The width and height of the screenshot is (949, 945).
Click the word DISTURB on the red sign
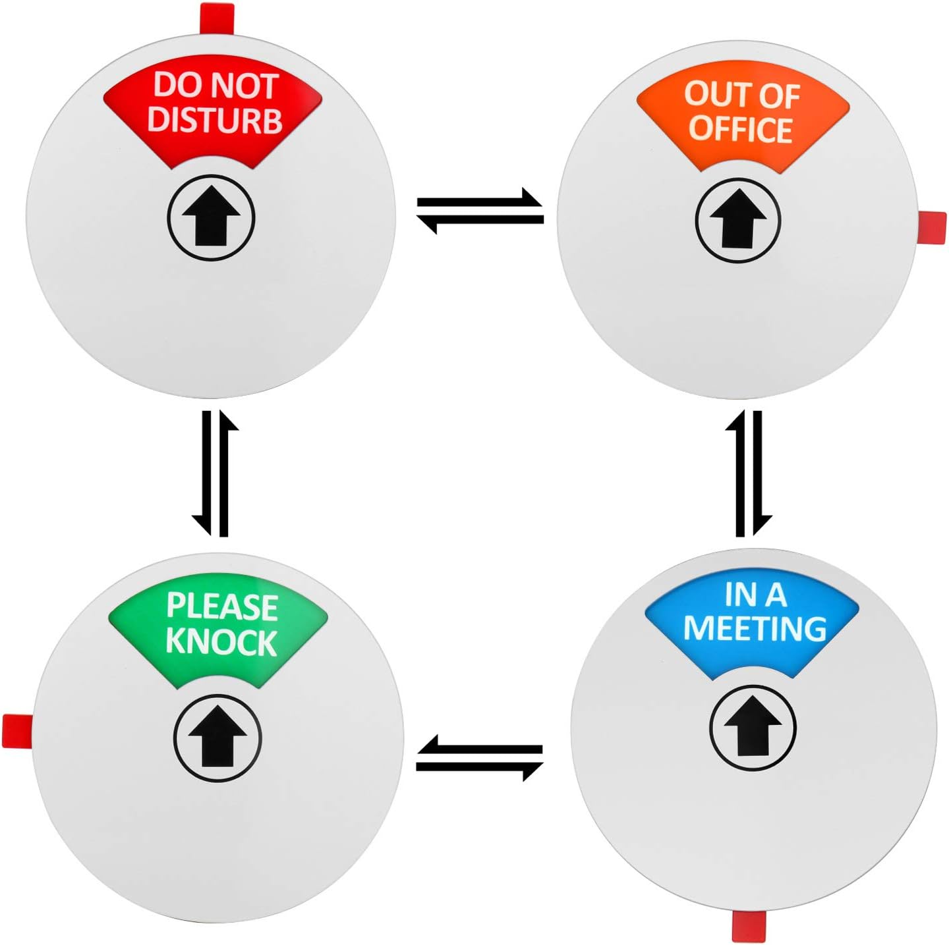(215, 120)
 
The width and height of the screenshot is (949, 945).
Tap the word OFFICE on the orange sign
(741, 129)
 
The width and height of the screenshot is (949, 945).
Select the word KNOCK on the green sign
(221, 642)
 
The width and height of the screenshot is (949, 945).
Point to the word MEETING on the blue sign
(755, 628)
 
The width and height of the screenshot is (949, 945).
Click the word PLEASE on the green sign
(221, 606)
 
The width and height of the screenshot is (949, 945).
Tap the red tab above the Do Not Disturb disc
(216, 18)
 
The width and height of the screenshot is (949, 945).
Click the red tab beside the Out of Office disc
(932, 227)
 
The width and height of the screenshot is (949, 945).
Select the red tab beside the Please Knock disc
(16, 730)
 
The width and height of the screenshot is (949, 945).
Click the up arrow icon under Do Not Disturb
(210, 217)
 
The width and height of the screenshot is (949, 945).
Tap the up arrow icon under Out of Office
(738, 220)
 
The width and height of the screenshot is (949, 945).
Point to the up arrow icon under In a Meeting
(753, 728)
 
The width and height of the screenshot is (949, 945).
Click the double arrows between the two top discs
(480, 211)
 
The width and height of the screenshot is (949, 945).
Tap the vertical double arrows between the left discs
(215, 473)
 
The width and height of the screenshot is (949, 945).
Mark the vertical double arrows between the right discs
(748, 473)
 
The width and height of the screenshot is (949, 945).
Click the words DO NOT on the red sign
(215, 86)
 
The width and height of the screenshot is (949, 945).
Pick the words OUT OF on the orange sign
(742, 95)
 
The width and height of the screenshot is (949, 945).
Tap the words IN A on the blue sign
(755, 595)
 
